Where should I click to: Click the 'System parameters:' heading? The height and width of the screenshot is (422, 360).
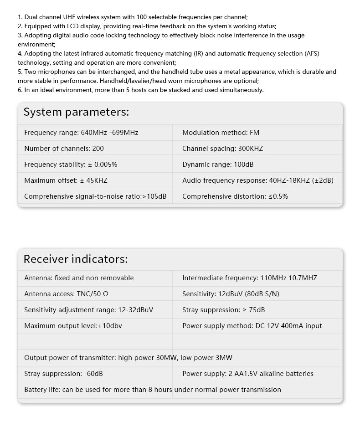click(x=76, y=112)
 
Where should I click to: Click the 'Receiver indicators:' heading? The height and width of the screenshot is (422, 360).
click(x=76, y=259)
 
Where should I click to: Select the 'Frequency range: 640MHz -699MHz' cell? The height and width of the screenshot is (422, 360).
click(x=81, y=133)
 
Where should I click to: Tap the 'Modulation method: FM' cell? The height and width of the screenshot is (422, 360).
click(x=221, y=133)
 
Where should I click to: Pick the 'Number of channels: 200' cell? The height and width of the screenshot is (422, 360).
click(x=64, y=149)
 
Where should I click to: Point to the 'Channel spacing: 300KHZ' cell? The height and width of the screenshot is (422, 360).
click(x=222, y=149)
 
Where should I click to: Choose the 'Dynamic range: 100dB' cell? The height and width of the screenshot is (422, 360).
click(x=218, y=165)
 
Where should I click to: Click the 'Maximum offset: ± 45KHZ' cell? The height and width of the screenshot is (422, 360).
click(x=66, y=180)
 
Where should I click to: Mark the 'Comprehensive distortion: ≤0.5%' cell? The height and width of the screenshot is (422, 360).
click(x=235, y=196)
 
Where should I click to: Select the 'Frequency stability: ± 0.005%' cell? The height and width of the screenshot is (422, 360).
click(x=71, y=165)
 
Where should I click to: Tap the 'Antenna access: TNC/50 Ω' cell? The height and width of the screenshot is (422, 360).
click(x=66, y=294)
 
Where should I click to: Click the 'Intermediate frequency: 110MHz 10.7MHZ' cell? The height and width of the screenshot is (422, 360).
click(x=250, y=278)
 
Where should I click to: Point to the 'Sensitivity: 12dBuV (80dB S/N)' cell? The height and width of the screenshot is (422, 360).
click(x=231, y=294)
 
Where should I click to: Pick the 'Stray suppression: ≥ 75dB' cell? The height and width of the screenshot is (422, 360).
click(x=223, y=310)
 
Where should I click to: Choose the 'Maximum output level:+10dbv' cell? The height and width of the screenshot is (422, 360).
click(x=73, y=326)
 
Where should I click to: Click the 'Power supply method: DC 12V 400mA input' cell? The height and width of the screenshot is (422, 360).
click(x=252, y=326)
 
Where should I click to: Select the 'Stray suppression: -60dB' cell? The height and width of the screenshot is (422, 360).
click(x=63, y=374)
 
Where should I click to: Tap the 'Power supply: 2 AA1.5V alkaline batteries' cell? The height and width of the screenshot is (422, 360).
click(x=248, y=374)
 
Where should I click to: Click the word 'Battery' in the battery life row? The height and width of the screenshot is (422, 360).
click(x=36, y=390)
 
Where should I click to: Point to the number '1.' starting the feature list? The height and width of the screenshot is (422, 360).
click(x=21, y=17)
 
